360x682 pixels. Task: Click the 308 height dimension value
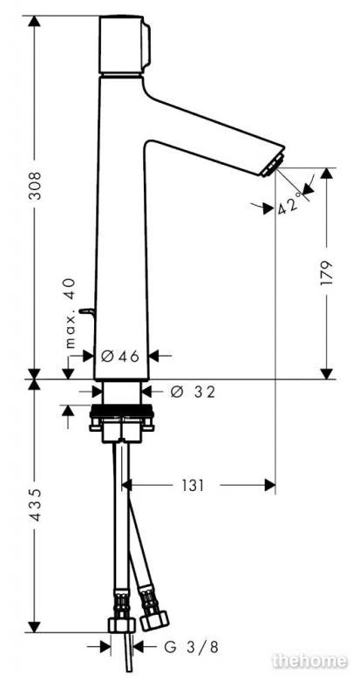click(x=35, y=185)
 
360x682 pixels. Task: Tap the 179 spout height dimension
click(x=326, y=273)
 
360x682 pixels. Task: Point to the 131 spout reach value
click(x=193, y=486)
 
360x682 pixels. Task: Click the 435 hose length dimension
click(x=35, y=505)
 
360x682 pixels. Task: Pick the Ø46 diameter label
click(x=120, y=357)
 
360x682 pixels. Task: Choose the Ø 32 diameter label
click(x=193, y=392)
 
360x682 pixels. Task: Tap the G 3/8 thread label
click(x=191, y=648)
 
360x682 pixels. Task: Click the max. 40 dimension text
click(x=70, y=313)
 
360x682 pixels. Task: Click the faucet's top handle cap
click(x=125, y=44)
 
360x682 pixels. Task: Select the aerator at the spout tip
click(x=273, y=166)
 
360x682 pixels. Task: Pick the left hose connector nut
click(x=122, y=624)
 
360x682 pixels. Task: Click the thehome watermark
click(x=309, y=661)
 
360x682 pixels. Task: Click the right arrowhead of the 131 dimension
click(x=270, y=486)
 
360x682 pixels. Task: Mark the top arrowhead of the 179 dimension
click(x=327, y=174)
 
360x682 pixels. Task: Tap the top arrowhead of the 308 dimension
click(x=34, y=21)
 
